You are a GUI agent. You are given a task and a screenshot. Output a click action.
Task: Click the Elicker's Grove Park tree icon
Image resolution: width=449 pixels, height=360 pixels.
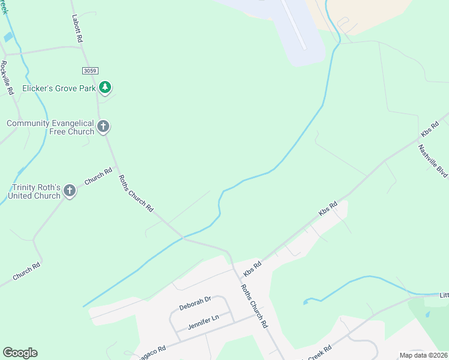coord(105,88)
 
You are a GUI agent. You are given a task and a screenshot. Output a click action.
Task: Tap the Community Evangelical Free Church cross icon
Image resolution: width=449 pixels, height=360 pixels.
coord(103,127)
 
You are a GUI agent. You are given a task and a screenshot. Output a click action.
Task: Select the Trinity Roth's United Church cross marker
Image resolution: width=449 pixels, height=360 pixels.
coord(69,191)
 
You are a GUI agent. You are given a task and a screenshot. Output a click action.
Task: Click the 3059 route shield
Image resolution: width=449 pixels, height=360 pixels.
coord(90,71)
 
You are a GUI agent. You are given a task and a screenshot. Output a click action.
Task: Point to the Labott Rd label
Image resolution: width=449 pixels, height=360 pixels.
coord(77,28)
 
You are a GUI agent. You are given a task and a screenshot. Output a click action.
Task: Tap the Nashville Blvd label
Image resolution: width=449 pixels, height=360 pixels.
coord(433,161)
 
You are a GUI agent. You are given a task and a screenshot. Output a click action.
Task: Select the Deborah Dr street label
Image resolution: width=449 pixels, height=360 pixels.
coord(195,303)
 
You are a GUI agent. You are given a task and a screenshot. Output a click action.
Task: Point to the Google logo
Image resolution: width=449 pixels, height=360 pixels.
coord(20,353)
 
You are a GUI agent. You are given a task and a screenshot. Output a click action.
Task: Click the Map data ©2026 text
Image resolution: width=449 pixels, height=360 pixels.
coord(423,355)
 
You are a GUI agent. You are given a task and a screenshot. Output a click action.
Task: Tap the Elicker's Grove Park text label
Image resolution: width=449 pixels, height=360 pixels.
coord(59,88)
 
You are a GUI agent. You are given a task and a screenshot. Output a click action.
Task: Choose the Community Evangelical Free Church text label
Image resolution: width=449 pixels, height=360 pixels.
coord(50,127)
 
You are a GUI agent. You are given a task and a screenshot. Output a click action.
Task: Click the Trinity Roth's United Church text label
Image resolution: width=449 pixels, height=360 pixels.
coord(34,191)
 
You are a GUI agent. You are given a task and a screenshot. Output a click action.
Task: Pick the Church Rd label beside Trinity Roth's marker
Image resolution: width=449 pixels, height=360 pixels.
coord(98,176)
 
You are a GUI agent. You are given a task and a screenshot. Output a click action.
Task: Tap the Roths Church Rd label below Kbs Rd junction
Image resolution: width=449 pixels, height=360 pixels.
coord(254,305)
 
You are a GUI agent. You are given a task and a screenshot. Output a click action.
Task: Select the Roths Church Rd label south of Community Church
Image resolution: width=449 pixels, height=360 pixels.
coord(136,193)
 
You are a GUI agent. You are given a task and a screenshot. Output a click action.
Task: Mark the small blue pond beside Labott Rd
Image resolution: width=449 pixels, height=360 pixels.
coord(8,37)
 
